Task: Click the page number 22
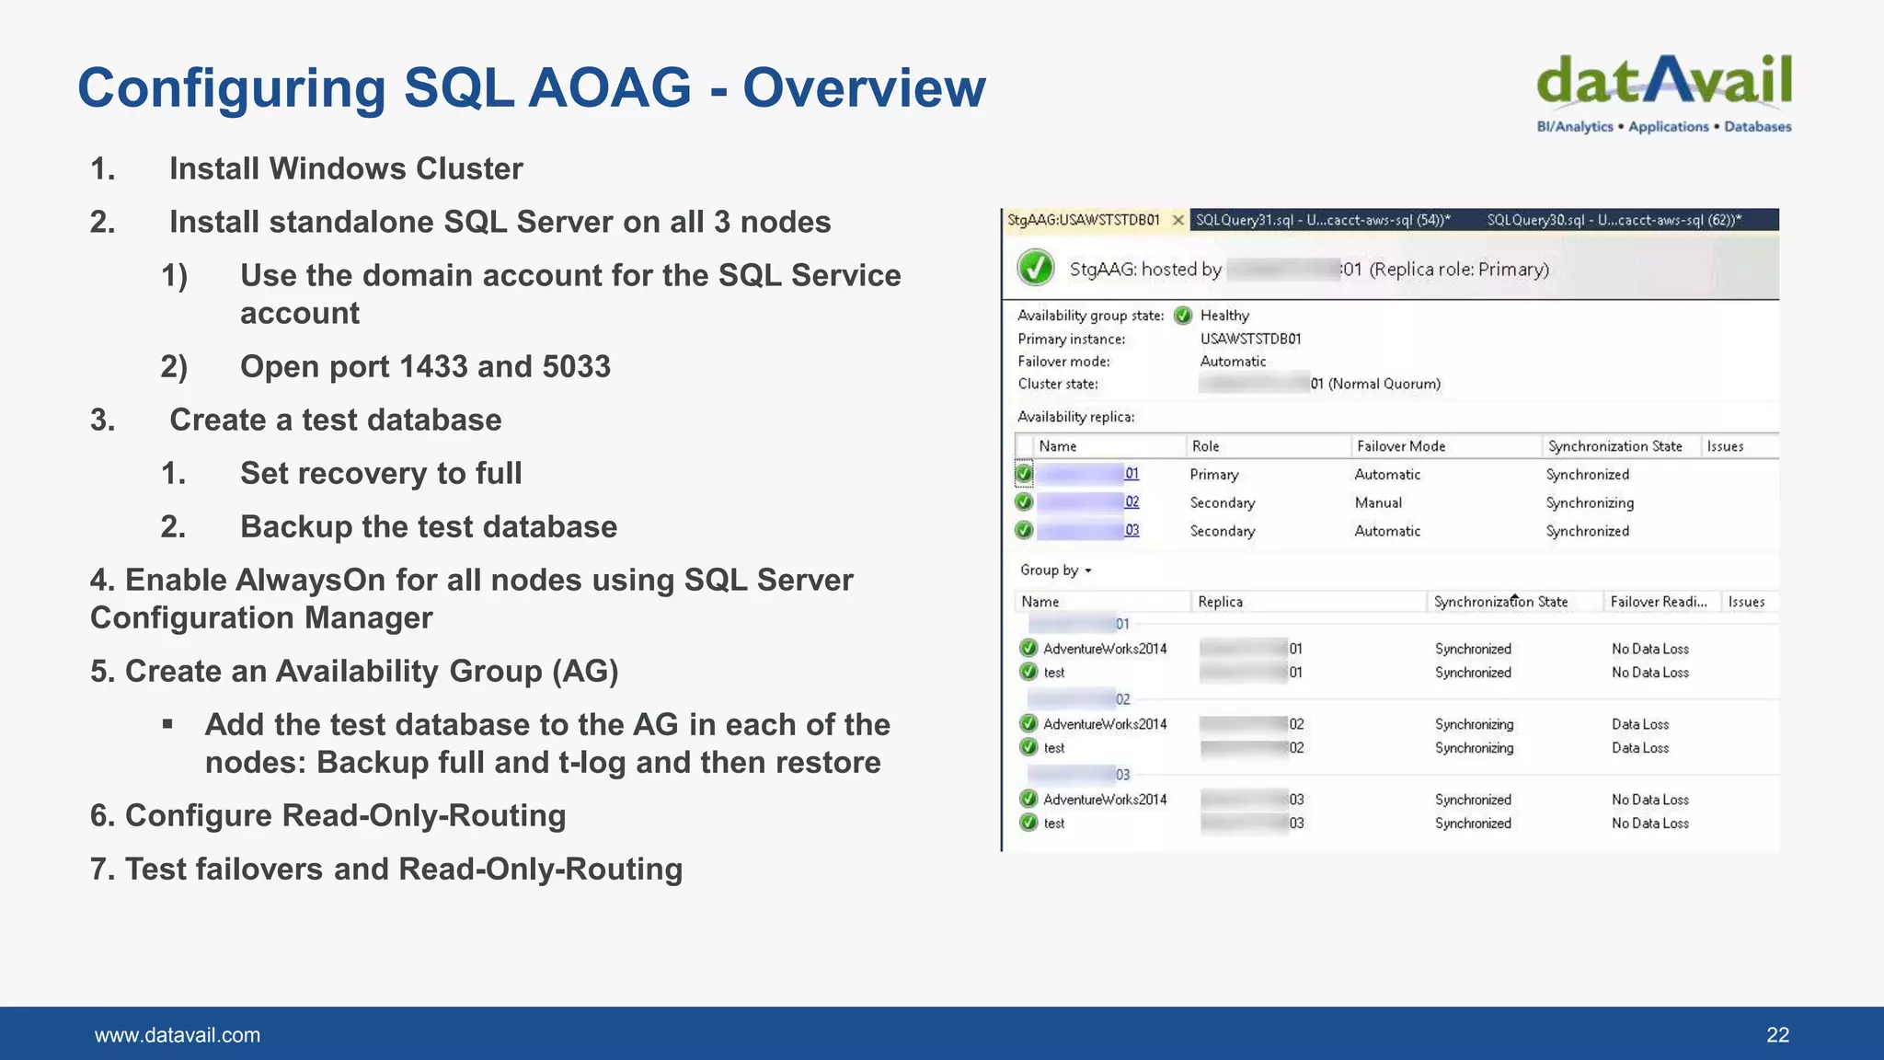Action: (1777, 1035)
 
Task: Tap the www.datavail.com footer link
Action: (178, 1035)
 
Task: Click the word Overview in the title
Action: (864, 88)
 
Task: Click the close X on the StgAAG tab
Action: (1177, 220)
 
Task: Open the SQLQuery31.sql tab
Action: (1322, 220)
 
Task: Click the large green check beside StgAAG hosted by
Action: (1036, 269)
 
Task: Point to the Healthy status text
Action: (1224, 316)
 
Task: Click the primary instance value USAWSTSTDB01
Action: (1250, 339)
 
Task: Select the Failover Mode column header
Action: (1401, 446)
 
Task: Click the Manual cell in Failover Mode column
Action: (1378, 502)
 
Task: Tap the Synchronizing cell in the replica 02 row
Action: (1590, 502)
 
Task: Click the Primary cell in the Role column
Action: (1214, 475)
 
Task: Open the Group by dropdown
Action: (1055, 570)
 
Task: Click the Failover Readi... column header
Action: (1658, 602)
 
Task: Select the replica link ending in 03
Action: (1131, 531)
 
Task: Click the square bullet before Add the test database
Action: (167, 724)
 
